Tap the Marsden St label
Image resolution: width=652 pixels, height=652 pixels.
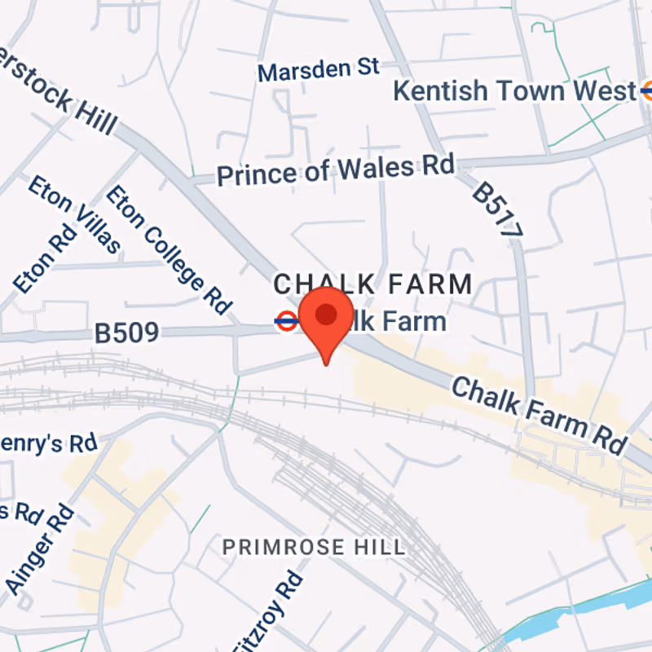[x=319, y=70]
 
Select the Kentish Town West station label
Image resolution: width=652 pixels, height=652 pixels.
[x=514, y=91]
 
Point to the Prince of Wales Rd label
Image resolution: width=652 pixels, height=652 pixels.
[x=335, y=170]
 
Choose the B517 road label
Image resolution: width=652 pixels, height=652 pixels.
[x=496, y=209]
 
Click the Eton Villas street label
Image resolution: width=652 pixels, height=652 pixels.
[x=74, y=214]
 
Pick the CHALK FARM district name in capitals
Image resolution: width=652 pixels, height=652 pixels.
[x=372, y=284]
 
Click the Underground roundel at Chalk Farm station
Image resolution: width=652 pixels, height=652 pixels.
[x=286, y=321]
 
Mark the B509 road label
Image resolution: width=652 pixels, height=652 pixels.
[x=126, y=333]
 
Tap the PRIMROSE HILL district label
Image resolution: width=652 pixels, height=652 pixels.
[x=314, y=546]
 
